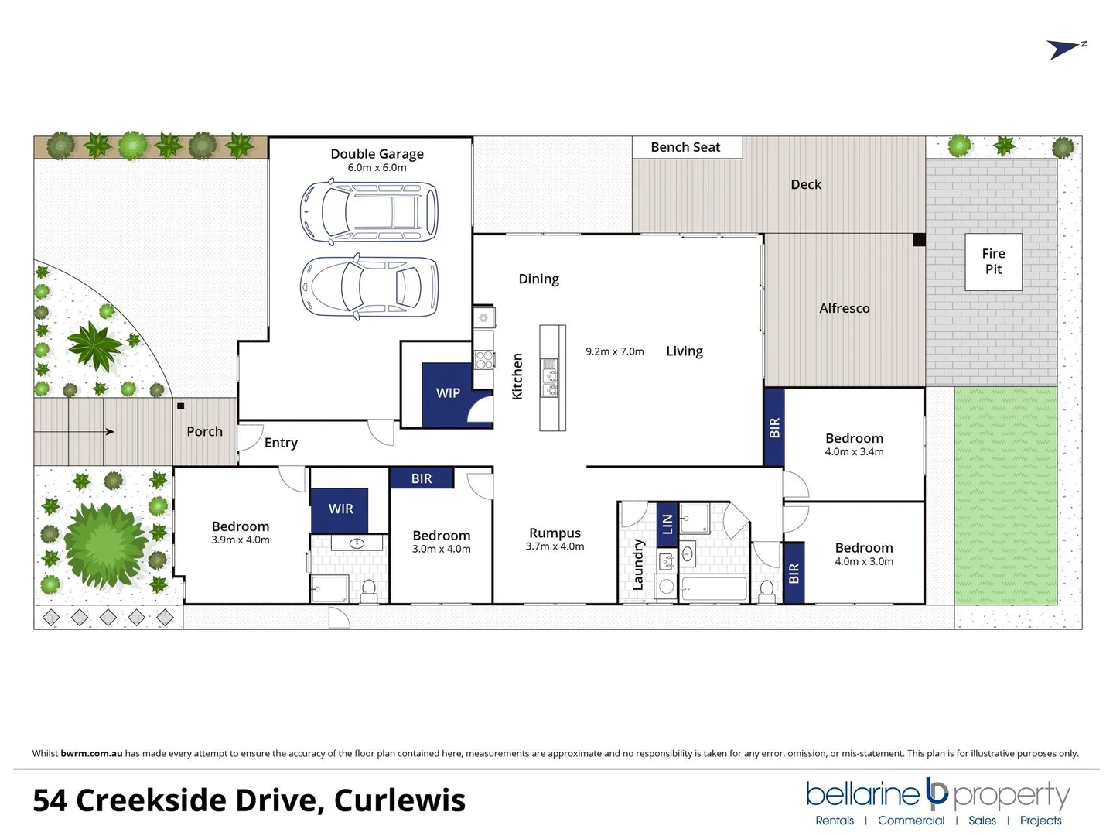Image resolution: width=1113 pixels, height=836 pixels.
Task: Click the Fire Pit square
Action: point(993,262)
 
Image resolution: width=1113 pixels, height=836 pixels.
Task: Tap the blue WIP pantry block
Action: point(448,392)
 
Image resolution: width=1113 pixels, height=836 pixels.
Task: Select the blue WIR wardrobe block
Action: point(340,509)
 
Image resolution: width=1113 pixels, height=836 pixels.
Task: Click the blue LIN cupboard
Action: point(667,523)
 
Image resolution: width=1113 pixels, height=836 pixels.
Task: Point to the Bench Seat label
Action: point(685,147)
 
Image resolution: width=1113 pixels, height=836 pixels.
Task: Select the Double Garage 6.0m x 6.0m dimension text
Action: point(377,168)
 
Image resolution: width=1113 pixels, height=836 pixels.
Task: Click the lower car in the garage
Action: point(369,286)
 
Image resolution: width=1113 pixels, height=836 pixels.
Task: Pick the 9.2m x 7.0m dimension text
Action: point(614,351)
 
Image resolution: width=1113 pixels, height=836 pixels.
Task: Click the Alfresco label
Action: point(844,308)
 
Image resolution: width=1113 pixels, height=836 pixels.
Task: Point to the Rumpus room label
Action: point(555,533)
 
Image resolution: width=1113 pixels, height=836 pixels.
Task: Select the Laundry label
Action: point(638,564)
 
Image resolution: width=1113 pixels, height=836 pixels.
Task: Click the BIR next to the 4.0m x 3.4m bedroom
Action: point(774,427)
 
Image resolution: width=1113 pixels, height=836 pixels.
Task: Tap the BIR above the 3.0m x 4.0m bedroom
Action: point(422,478)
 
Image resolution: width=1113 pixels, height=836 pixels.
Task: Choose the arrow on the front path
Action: point(109,432)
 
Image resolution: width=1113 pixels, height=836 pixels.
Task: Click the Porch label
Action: point(204,431)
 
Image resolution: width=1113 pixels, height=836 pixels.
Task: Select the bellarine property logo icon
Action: point(937,793)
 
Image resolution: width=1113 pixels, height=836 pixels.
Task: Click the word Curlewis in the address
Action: point(399,800)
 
